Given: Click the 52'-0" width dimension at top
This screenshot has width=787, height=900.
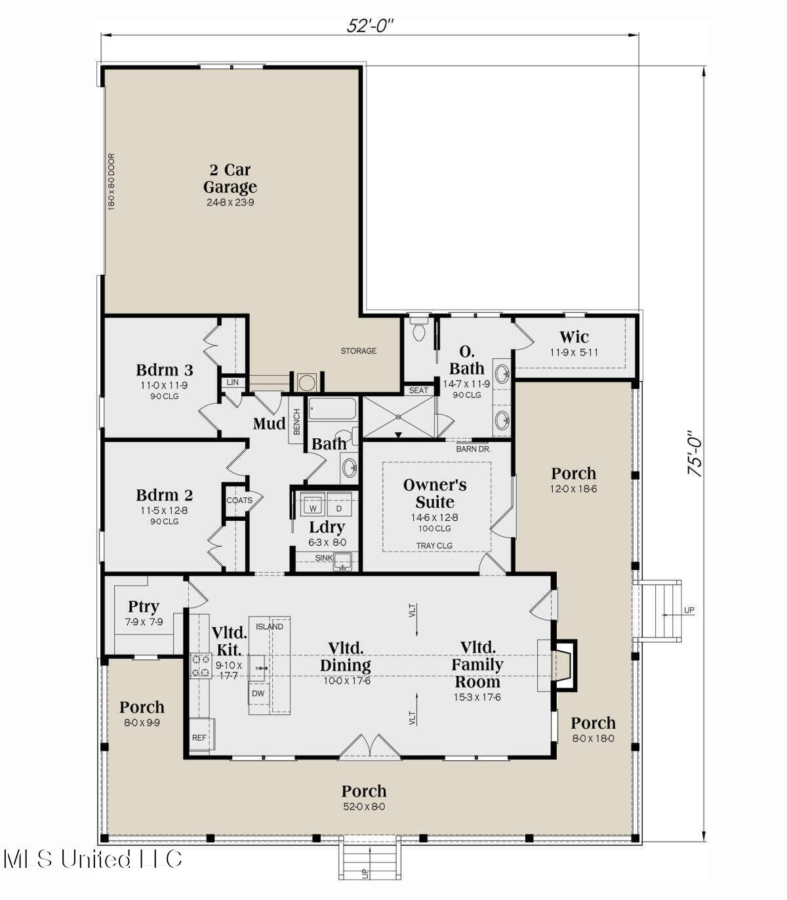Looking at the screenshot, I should (370, 26).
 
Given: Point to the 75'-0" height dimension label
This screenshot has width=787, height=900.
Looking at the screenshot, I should (695, 453).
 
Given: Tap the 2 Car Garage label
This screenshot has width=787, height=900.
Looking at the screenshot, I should (230, 179).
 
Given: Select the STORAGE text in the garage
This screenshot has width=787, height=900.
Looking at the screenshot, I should (358, 351).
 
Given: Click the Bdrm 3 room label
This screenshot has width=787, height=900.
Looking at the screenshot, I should (165, 370).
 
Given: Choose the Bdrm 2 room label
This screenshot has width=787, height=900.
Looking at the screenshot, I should (165, 495).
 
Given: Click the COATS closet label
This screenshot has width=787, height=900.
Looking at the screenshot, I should (239, 501).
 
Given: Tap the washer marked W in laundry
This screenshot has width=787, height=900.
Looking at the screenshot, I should (313, 508).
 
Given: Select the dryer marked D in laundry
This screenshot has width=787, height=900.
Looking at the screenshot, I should (339, 508).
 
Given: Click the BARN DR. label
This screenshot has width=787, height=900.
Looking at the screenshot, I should (473, 449).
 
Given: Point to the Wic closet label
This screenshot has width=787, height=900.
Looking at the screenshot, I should (574, 338).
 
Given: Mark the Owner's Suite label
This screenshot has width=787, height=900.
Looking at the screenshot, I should (435, 493).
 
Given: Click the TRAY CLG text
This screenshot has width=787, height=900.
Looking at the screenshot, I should (434, 546).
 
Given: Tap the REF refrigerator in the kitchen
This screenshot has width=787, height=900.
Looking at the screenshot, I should (199, 738).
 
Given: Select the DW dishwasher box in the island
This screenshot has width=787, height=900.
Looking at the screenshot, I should (258, 693).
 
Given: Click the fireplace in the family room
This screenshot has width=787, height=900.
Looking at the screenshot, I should (563, 665).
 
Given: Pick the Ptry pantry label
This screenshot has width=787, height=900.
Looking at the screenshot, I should (144, 607).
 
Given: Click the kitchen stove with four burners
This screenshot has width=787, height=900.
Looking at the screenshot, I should (201, 665).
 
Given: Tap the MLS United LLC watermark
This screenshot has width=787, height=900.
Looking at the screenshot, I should (92, 859).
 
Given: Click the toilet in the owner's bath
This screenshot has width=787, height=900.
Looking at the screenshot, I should (418, 331).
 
